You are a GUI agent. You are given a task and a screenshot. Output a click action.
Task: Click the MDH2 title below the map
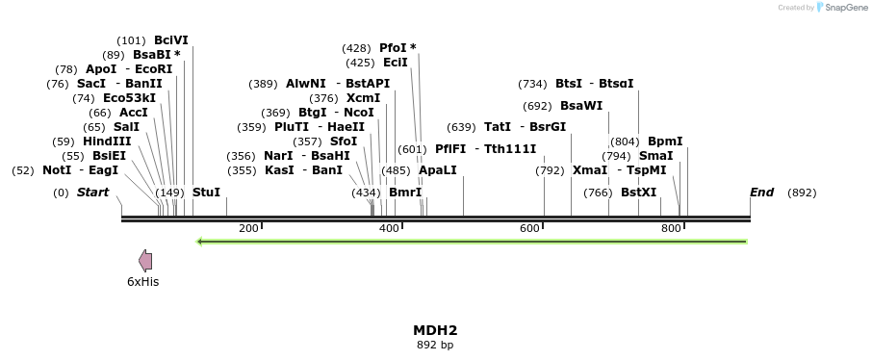pos(435,330)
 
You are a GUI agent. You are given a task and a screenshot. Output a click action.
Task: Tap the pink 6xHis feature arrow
pos(145,260)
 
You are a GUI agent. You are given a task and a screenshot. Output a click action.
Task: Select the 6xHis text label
pos(142,281)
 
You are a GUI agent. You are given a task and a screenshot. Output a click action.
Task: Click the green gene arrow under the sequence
pos(472,241)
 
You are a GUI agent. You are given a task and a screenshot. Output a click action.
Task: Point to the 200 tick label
pos(248,228)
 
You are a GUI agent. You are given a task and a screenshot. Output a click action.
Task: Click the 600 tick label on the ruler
pos(529,228)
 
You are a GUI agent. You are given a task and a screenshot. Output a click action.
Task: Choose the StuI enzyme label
pos(207,193)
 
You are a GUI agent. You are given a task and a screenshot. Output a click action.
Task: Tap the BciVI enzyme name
pos(171,40)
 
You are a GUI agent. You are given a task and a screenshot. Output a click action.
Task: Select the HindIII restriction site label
pos(107,141)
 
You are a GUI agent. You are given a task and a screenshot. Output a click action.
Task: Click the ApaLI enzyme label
pos(438,170)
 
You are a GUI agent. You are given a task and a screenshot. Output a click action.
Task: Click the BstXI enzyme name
pos(638,193)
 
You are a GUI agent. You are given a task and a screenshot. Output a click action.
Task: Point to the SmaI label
pos(656,156)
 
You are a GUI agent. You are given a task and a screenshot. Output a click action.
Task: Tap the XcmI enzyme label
pos(363,98)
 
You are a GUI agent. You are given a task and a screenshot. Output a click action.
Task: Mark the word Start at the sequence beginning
pos(93,193)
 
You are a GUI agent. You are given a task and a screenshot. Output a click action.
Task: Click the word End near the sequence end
pos(761,193)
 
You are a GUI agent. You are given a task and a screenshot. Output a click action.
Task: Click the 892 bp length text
pos(435,345)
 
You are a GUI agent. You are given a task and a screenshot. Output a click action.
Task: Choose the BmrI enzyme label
pos(405,193)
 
